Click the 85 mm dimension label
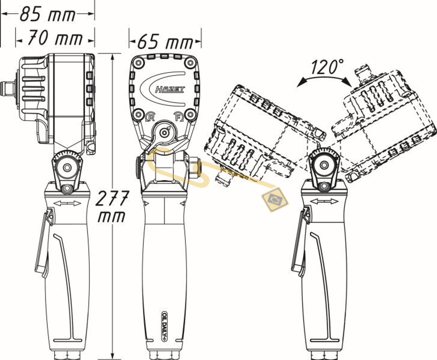(48, 14)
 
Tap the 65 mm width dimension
(165, 42)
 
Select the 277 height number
(112, 198)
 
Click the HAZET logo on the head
(170, 89)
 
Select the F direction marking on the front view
(177, 117)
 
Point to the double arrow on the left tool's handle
(67, 204)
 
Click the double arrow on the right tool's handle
(324, 201)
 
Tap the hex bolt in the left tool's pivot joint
(66, 168)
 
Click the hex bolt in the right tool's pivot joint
(323, 165)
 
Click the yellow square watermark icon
(275, 200)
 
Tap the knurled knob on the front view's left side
(138, 167)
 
